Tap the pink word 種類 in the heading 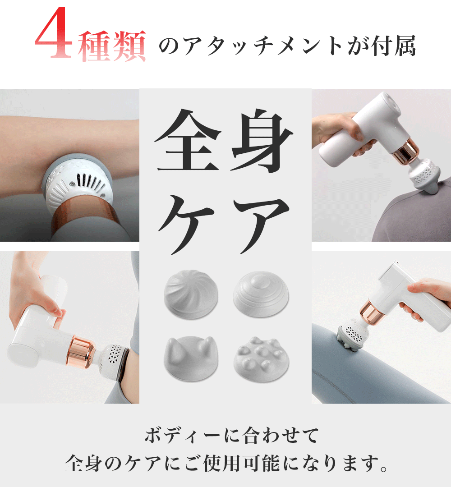pyautogui.click(x=111, y=46)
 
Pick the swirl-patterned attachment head pyautogui.click(x=191, y=294)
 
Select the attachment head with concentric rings pyautogui.click(x=261, y=294)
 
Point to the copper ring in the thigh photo pyautogui.click(x=372, y=312)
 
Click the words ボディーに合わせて pyautogui.click(x=232, y=435)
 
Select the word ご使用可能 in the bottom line pyautogui.click(x=232, y=464)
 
